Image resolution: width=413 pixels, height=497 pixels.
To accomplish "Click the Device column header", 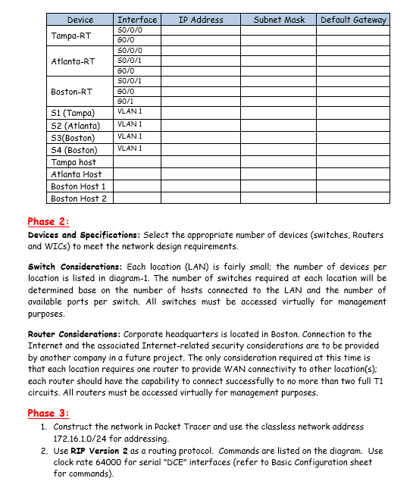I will pos(80,20).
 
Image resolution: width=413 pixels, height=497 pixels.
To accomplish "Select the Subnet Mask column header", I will pos(279,20).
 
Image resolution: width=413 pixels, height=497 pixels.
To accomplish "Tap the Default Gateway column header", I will pos(353,20).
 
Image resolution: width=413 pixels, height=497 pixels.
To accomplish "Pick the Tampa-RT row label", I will pos(71,36).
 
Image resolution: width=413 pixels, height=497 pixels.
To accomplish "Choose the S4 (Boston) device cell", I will pos(74,150).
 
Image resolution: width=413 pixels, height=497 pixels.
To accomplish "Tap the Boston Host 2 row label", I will pos(79,198).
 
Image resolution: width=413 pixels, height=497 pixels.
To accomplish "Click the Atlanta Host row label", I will pos(76,174).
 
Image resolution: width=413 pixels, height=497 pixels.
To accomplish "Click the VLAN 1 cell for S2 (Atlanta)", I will pos(130,124).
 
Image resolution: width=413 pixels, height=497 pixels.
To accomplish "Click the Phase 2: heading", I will pos(48,221).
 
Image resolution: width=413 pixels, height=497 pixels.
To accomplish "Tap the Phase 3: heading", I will pos(48,413).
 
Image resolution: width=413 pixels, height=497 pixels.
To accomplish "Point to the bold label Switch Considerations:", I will pos(75,267).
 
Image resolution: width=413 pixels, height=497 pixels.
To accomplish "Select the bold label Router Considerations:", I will pos(74,334).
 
